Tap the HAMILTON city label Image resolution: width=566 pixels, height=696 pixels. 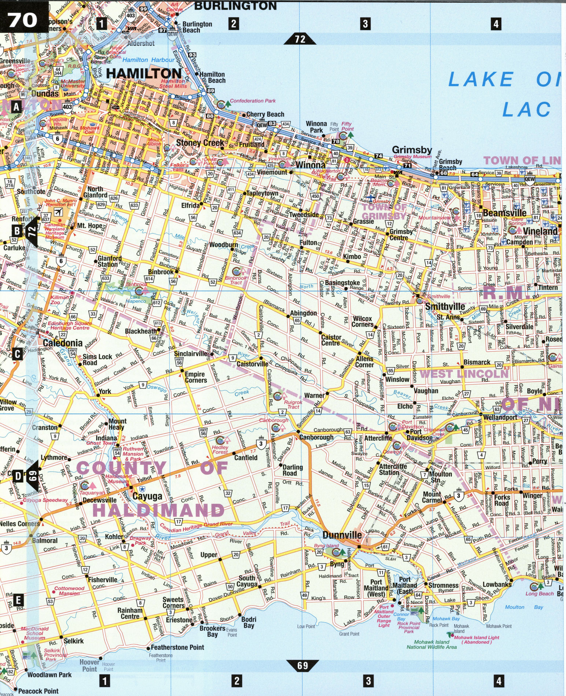144,74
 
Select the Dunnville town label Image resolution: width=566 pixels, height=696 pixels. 342,535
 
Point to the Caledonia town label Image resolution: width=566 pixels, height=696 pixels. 63,343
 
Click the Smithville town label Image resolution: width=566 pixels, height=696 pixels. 445,306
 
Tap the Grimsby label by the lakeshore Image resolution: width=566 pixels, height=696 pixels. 412,150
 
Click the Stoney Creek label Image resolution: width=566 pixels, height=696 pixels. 200,142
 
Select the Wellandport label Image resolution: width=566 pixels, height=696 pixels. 500,417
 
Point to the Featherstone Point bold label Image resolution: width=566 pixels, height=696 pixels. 177,647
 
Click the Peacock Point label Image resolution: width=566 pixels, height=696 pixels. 38,691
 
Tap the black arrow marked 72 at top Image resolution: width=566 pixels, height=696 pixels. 300,38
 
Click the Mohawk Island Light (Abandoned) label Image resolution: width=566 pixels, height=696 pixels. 476,640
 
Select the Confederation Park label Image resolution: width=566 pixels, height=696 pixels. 253,101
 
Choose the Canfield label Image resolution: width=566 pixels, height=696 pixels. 246,458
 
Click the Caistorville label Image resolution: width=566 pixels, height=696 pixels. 252,364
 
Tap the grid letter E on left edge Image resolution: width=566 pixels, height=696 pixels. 18,600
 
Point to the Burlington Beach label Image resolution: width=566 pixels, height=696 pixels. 197,27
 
